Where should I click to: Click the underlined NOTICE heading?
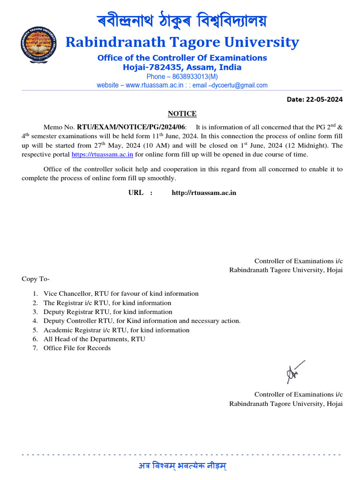point(182,114)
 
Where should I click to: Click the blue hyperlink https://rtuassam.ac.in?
point(102,155)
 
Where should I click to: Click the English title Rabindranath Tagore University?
point(182,42)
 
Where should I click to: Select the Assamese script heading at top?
point(182,21)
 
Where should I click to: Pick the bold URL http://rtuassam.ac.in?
point(204,193)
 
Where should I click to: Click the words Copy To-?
point(36,279)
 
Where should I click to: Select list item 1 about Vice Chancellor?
point(121,293)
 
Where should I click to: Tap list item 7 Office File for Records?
point(77,348)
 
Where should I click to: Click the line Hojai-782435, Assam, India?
point(182,67)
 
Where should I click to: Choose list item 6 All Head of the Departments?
point(94,339)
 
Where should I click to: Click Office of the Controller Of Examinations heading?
point(182,58)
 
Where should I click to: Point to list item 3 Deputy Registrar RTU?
point(108,312)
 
